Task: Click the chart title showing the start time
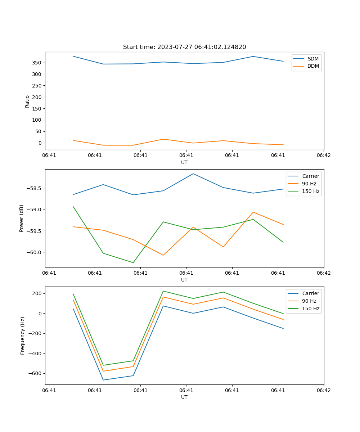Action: (184, 47)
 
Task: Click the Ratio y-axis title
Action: (27, 101)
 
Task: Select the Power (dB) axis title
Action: (22, 218)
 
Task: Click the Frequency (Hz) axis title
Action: (23, 336)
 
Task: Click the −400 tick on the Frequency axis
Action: (35, 353)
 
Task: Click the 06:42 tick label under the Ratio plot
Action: (323, 155)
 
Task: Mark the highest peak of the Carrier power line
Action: (193, 174)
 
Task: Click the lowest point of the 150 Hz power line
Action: (133, 262)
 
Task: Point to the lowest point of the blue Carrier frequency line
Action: (103, 380)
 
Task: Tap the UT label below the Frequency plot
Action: (184, 397)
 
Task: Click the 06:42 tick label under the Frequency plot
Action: (323, 390)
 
